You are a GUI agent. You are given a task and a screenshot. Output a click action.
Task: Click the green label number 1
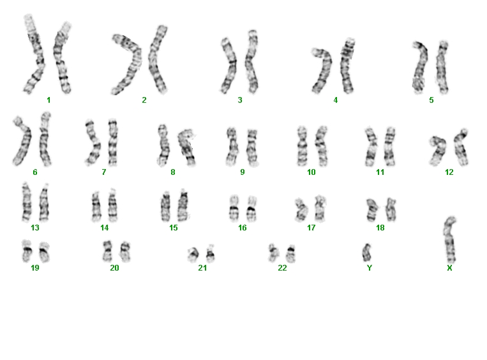tap(49, 100)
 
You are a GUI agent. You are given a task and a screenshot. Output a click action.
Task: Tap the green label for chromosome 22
tap(282, 267)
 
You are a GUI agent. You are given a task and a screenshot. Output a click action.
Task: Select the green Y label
tap(370, 267)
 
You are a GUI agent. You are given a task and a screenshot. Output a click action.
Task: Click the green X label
tap(449, 267)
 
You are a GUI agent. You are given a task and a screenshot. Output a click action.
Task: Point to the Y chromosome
tap(367, 253)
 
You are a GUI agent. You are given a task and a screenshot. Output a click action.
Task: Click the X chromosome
tap(450, 241)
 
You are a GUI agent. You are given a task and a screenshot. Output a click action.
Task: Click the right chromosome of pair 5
tap(442, 67)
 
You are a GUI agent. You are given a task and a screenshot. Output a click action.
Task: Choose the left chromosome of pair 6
tap(22, 141)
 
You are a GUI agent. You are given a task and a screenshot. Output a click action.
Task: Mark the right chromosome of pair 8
tap(186, 147)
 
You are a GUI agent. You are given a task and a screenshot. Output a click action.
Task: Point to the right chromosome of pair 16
tap(251, 209)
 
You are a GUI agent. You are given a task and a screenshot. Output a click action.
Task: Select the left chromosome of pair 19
tap(27, 251)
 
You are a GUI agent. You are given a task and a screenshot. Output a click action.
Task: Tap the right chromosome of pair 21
tap(210, 254)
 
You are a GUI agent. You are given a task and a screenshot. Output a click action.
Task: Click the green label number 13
tap(35, 228)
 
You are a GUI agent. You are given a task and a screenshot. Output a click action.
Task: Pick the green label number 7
tap(104, 172)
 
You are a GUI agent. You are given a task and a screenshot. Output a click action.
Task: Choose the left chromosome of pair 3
tap(229, 65)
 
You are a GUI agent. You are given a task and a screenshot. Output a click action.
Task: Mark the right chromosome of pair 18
tap(391, 209)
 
